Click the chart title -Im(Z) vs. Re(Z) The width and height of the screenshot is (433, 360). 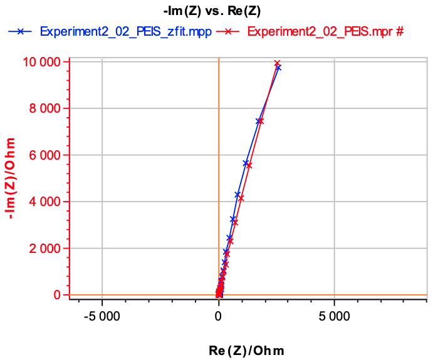pyautogui.click(x=216, y=11)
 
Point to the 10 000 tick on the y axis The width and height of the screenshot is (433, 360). pyautogui.click(x=43, y=62)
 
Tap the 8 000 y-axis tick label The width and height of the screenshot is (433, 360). pyautogui.click(x=46, y=108)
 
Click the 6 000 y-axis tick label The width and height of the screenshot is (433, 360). pyautogui.click(x=46, y=155)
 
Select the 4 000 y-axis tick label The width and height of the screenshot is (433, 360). pyautogui.click(x=46, y=202)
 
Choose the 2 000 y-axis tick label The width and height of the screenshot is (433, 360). pyautogui.click(x=46, y=249)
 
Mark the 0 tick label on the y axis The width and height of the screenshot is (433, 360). pyautogui.click(x=57, y=295)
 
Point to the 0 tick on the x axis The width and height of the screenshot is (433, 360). pyautogui.click(x=218, y=315)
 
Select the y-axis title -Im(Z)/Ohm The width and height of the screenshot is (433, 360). pyautogui.click(x=10, y=178)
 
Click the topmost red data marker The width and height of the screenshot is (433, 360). pyautogui.click(x=277, y=63)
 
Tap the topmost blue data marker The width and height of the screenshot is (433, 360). pyautogui.click(x=278, y=68)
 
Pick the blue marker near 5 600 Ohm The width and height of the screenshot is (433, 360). pyautogui.click(x=246, y=163)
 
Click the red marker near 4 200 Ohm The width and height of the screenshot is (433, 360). pyautogui.click(x=241, y=198)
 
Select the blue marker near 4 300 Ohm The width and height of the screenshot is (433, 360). pyautogui.click(x=237, y=195)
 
